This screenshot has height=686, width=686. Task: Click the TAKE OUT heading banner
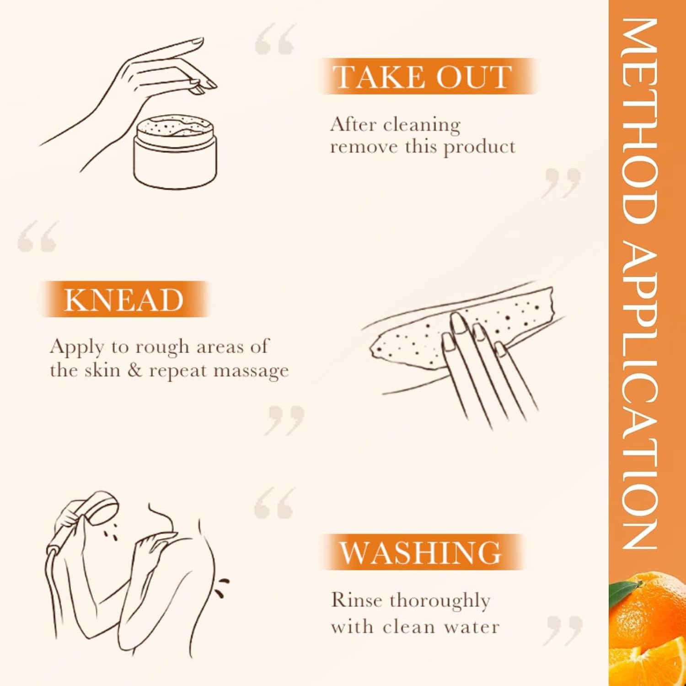(429, 76)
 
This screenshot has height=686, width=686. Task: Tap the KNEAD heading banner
(125, 300)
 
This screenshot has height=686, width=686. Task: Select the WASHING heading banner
(422, 552)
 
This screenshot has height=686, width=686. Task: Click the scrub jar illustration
(175, 151)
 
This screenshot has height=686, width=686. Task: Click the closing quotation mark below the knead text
(286, 420)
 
